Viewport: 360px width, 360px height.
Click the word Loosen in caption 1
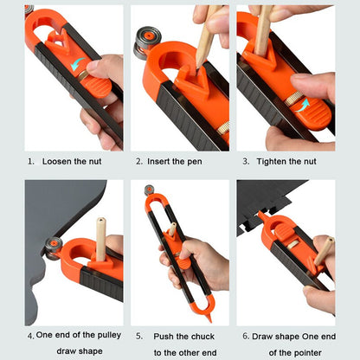[57, 161]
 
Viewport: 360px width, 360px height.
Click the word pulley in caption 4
[106, 335]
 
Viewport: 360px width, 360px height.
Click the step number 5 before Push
[138, 335]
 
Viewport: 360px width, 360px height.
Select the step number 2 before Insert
[138, 161]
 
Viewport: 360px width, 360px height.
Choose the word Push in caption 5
[165, 335]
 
